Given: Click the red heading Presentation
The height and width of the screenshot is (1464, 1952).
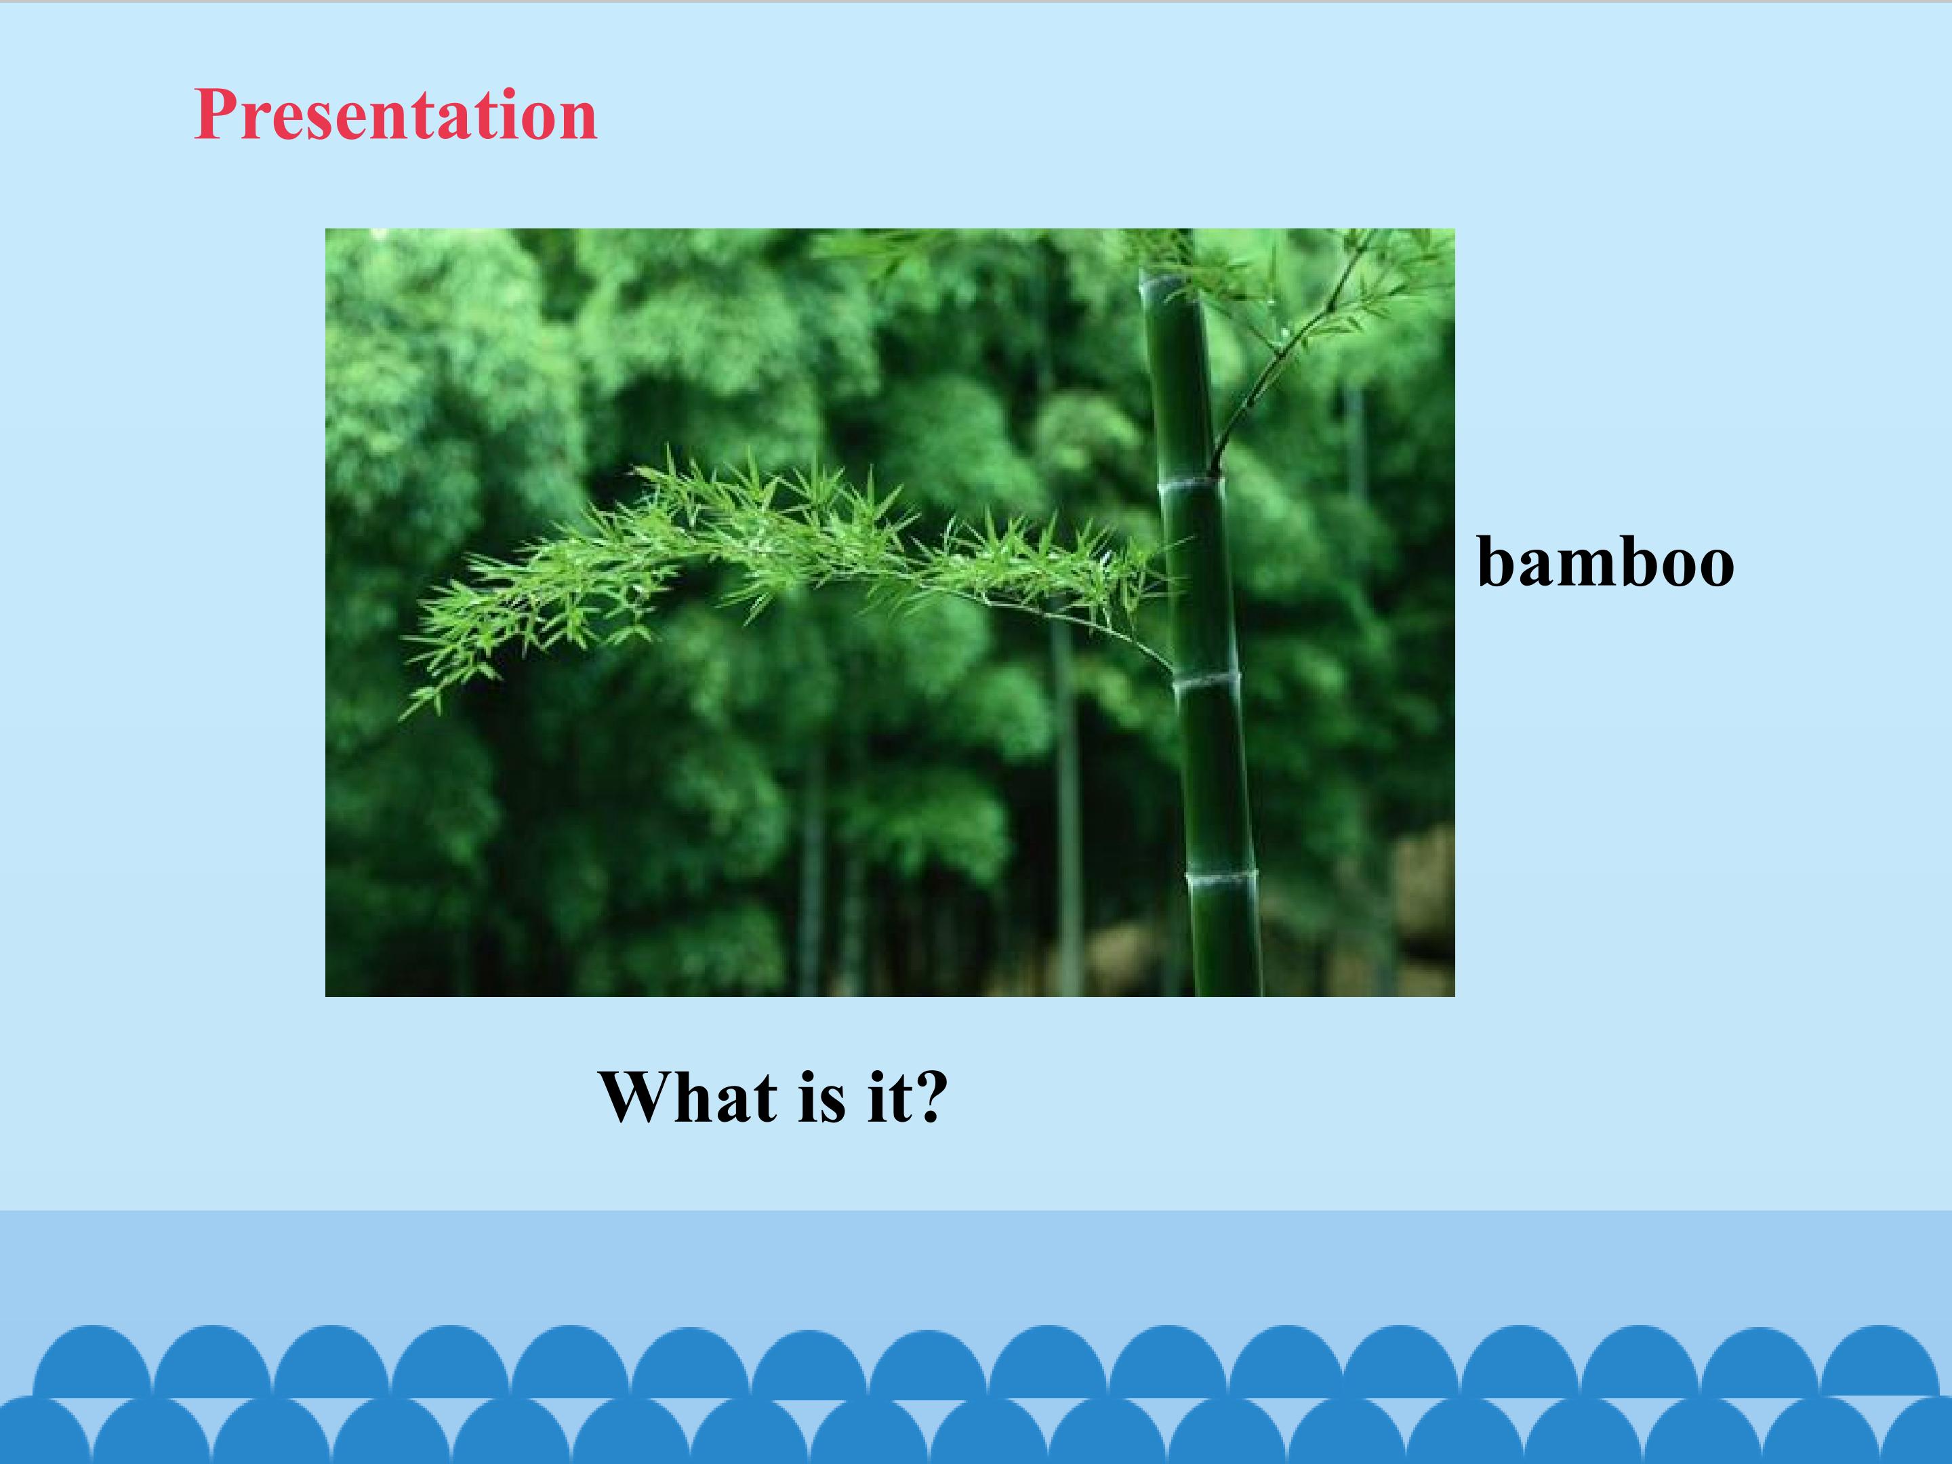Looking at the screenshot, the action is tap(395, 114).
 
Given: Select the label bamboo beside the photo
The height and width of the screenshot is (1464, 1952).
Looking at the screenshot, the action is tap(1605, 561).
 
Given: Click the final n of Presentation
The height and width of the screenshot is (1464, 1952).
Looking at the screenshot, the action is tap(576, 123).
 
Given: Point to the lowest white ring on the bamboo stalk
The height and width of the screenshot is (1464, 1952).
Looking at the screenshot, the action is tap(1221, 876).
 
